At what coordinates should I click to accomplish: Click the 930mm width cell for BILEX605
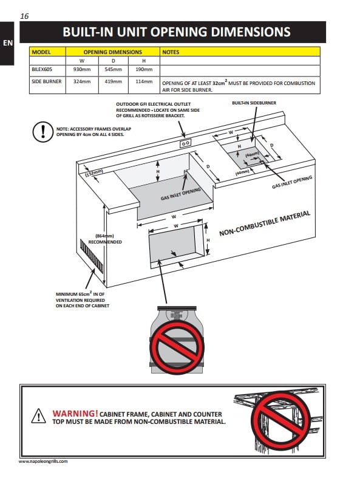[82, 69]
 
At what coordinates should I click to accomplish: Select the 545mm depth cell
[113, 69]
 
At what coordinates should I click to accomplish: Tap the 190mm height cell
[144, 69]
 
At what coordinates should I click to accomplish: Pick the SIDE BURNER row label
[47, 81]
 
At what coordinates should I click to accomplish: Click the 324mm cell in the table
[82, 81]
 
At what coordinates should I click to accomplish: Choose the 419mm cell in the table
[113, 81]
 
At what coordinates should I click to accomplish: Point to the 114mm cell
[144, 81]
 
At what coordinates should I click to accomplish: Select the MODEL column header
[41, 52]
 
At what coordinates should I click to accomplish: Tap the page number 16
[24, 16]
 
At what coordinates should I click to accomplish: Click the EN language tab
[7, 43]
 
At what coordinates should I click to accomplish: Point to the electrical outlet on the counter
[186, 143]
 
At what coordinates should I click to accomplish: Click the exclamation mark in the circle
[43, 132]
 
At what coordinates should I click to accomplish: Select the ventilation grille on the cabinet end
[92, 256]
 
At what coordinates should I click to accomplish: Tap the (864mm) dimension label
[104, 236]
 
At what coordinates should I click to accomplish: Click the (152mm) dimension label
[94, 172]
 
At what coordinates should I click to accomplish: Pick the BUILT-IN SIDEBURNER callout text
[254, 103]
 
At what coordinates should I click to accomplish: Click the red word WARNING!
[75, 414]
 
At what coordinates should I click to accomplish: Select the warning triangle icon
[39, 416]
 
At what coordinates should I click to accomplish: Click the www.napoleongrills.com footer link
[43, 461]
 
